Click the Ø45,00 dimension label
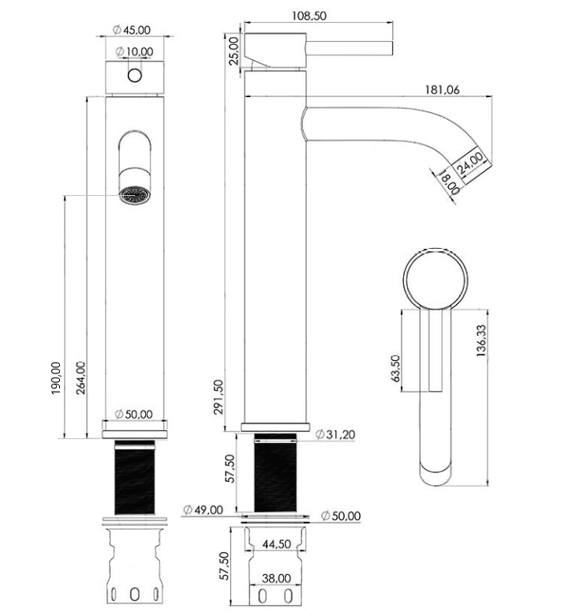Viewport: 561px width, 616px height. [133, 30]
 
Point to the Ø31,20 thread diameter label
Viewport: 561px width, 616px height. [337, 434]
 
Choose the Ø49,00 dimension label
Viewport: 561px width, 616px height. [202, 509]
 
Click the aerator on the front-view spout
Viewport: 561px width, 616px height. [134, 194]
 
